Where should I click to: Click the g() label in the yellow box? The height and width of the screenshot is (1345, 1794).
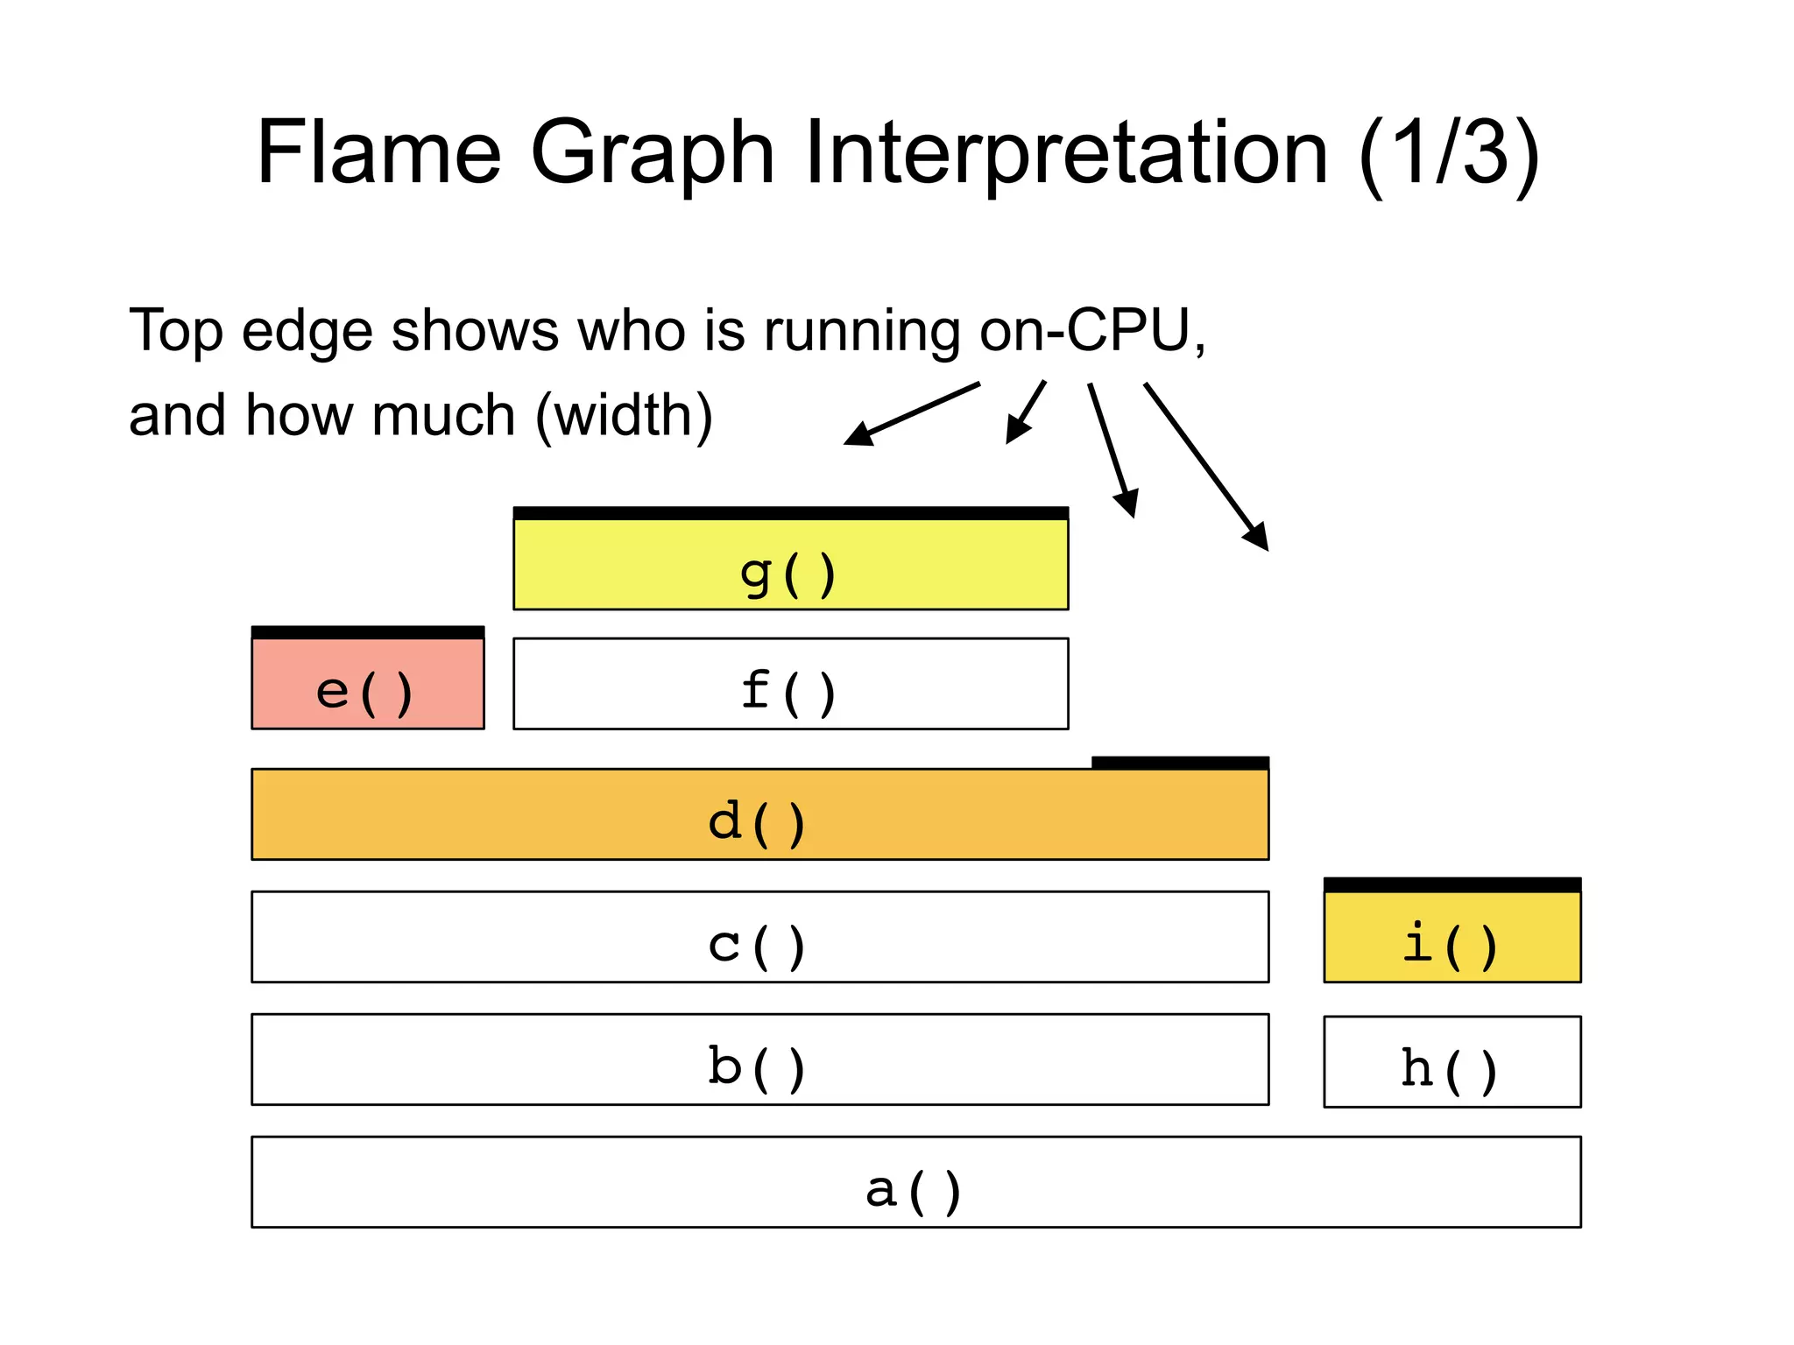pos(788,574)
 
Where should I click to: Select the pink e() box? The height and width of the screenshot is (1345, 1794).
pos(367,683)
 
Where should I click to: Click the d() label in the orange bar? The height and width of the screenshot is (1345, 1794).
pos(757,822)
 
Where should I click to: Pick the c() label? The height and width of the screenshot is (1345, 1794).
pos(757,945)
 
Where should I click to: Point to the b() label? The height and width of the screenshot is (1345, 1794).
pos(757,1067)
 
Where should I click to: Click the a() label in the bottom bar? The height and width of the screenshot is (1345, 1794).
pos(914,1190)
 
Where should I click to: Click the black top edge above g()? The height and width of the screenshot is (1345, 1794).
pos(790,513)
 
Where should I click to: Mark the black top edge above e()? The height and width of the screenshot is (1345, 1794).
pos(367,632)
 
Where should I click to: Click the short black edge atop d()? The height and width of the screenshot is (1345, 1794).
pos(1180,763)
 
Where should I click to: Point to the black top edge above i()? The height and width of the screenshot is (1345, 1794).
pos(1451,884)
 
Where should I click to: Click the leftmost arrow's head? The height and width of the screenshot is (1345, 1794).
pos(858,435)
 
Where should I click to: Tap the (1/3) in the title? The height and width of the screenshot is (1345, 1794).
pos(1449,154)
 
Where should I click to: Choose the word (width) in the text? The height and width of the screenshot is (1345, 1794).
pos(624,415)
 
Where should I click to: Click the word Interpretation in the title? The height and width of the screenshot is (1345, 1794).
pos(1066,154)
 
